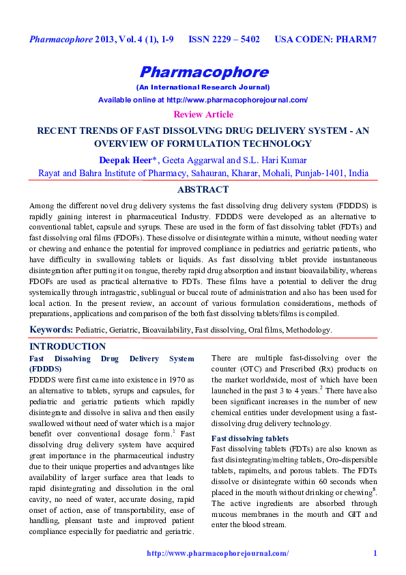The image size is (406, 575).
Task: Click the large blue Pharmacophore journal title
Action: point(203,72)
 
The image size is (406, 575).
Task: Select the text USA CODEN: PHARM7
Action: point(325,40)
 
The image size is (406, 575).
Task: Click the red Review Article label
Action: point(203,115)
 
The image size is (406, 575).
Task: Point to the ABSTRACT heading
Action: point(203,189)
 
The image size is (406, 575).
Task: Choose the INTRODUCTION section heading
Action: point(68,347)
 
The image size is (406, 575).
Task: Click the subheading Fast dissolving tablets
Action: point(250,438)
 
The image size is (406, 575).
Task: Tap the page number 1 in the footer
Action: point(375,553)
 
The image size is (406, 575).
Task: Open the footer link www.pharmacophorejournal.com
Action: point(218,553)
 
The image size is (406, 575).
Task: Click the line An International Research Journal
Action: point(203,88)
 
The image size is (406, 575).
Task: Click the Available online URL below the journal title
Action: point(203,100)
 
